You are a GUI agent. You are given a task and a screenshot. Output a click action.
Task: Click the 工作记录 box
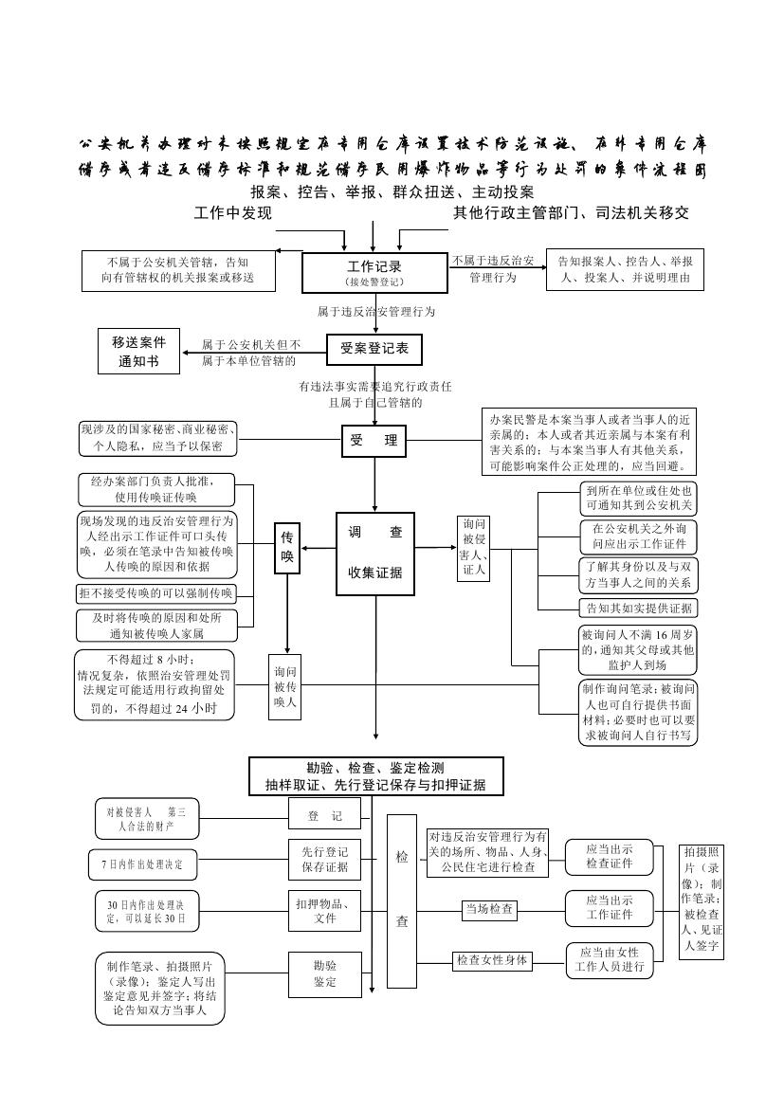tap(374, 272)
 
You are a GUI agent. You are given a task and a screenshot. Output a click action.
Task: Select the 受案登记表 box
tap(374, 349)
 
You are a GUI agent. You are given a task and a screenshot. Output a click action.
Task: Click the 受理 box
tap(374, 442)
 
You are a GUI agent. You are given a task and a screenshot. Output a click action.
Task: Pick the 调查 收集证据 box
tap(375, 554)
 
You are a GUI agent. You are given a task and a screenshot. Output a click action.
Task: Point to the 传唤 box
tap(287, 549)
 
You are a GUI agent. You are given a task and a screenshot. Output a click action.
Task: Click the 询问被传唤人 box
tap(285, 686)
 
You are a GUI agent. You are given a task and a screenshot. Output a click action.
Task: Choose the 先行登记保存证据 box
tap(324, 859)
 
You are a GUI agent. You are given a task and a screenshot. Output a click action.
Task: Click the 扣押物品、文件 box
tap(324, 910)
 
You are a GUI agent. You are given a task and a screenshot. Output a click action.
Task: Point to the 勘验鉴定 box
tap(324, 973)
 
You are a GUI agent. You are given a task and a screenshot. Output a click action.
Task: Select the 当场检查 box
tap(489, 910)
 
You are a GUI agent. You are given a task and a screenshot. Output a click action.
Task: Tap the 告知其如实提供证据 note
tap(637, 608)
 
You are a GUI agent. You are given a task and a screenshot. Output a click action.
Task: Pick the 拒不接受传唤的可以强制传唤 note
tap(155, 593)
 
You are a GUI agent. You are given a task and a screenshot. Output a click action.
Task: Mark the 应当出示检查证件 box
tap(609, 856)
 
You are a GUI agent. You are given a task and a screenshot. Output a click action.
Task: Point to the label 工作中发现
tap(233, 213)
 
